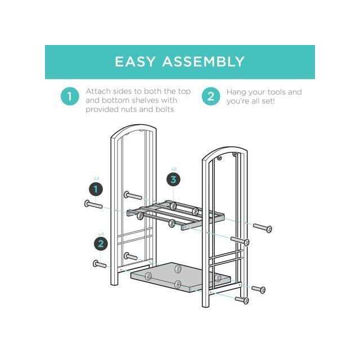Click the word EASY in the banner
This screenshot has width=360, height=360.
(136, 61)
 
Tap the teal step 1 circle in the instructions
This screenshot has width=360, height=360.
(70, 97)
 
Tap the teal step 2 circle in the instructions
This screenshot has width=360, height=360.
(210, 97)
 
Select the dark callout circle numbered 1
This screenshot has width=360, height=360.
(96, 189)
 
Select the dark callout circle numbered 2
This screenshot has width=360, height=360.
(101, 244)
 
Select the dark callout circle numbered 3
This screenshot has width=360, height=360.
(174, 179)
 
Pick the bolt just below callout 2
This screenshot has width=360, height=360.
(100, 263)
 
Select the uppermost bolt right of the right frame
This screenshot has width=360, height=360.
(263, 228)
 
